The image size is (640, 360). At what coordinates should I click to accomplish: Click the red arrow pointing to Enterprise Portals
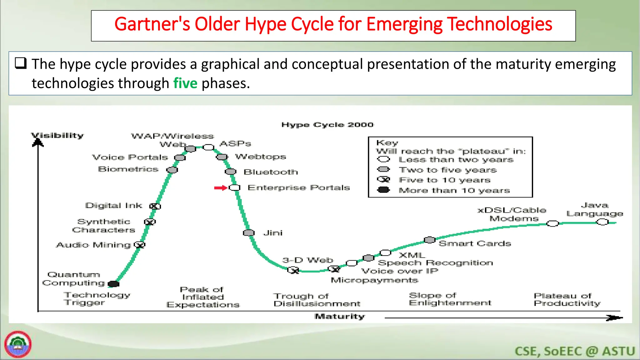click(x=220, y=188)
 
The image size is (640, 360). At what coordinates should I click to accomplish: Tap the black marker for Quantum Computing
click(x=113, y=284)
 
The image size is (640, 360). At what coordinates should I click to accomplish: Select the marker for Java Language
click(x=602, y=222)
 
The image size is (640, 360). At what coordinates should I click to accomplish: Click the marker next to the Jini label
click(x=249, y=233)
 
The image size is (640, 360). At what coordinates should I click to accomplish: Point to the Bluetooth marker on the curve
click(x=231, y=172)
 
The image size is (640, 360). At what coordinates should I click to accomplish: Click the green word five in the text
click(x=185, y=83)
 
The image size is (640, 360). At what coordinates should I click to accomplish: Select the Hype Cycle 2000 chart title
click(x=327, y=125)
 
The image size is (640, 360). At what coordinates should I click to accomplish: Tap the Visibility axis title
click(x=57, y=135)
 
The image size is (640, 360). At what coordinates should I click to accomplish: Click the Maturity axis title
click(x=340, y=317)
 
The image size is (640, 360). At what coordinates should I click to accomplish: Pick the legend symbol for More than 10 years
click(x=383, y=190)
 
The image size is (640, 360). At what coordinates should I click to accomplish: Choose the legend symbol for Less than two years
click(x=383, y=159)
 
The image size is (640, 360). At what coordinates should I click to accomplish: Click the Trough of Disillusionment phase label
click(x=317, y=300)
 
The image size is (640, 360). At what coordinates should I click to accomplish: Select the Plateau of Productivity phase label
click(x=567, y=300)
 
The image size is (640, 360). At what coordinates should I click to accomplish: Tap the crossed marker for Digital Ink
click(x=155, y=206)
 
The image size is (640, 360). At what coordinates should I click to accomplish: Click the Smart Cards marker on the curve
click(x=430, y=240)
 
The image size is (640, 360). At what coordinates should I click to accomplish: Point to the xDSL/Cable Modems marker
click(x=552, y=223)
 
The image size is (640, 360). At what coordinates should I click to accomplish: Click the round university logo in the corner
click(x=18, y=344)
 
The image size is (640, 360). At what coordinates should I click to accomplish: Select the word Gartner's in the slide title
click(x=152, y=24)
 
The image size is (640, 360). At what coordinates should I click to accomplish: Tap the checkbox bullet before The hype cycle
click(x=21, y=63)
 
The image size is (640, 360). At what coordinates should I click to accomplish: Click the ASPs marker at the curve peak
click(x=208, y=147)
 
